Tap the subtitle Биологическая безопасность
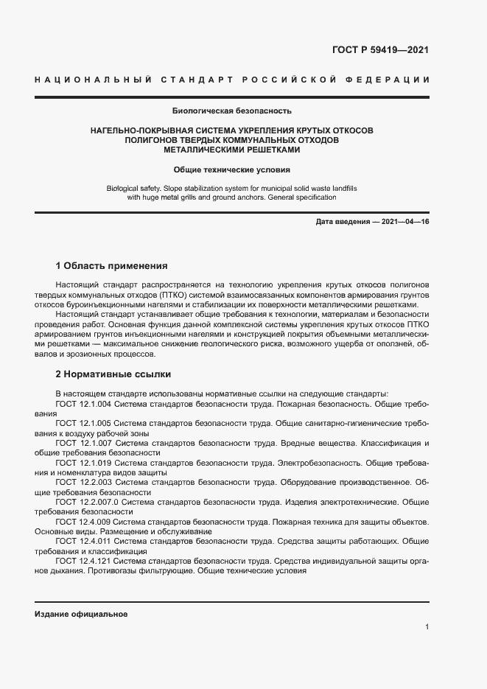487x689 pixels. [232, 111]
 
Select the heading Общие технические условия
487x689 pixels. [232, 169]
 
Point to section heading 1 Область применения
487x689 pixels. [112, 265]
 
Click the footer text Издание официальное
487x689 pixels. [81, 614]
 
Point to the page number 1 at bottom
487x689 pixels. [427, 627]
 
